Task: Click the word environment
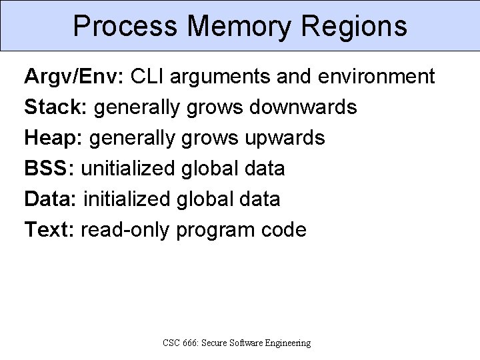pyautogui.click(x=377, y=77)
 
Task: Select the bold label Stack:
pyautogui.click(x=57, y=107)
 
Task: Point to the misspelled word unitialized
pyautogui.click(x=128, y=169)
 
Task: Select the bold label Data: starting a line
pyautogui.click(x=51, y=199)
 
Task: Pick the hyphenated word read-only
pyautogui.click(x=125, y=230)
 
